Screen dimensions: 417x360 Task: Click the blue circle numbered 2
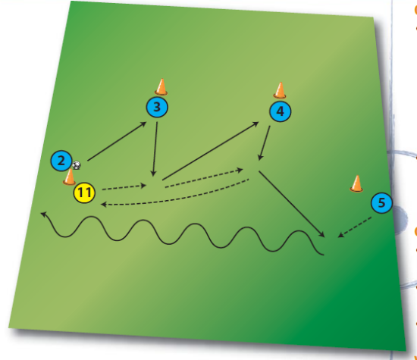[61, 161]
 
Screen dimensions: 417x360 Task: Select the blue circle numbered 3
[157, 107]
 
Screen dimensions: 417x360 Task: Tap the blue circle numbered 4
[281, 111]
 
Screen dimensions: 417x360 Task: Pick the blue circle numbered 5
[381, 203]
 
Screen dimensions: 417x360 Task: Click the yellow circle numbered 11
[84, 193]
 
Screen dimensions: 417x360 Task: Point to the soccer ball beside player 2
[76, 165]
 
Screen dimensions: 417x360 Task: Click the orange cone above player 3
[161, 87]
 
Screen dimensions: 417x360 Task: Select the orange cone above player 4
[280, 90]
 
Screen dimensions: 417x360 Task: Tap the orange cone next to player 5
[356, 183]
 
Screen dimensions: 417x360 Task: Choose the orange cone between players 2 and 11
[70, 177]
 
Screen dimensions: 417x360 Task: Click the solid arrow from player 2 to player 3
[117, 141]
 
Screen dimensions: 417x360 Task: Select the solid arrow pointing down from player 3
[155, 149]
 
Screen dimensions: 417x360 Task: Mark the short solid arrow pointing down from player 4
[264, 143]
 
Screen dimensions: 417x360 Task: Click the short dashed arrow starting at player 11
[124, 187]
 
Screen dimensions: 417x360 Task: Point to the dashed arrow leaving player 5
[355, 227]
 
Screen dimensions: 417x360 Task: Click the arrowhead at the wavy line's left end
[44, 214]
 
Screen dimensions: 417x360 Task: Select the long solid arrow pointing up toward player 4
[211, 151]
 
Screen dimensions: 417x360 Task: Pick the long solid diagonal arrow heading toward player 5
[292, 204]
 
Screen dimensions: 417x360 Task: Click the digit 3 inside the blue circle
[157, 107]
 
